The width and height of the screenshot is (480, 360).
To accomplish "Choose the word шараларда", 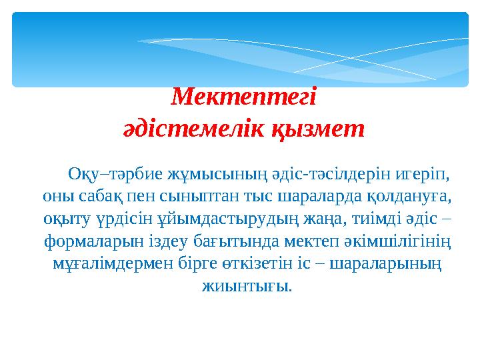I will point(314,197).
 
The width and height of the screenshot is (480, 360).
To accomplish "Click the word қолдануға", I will point(409,197).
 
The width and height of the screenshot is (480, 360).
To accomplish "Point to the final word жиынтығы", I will point(245,286).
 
